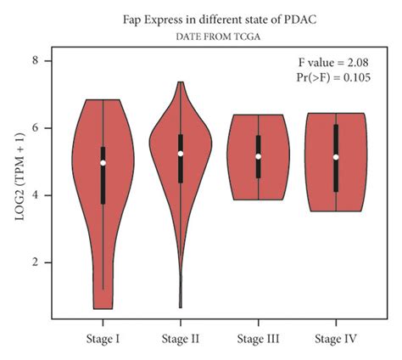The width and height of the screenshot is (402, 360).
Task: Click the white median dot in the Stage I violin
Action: click(x=103, y=162)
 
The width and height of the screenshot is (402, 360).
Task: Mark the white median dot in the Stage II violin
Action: click(x=181, y=154)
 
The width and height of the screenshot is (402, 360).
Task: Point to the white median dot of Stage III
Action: click(x=258, y=156)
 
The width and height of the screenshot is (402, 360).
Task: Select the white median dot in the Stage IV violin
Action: click(x=336, y=157)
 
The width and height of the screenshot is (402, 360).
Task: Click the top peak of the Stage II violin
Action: click(x=181, y=84)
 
